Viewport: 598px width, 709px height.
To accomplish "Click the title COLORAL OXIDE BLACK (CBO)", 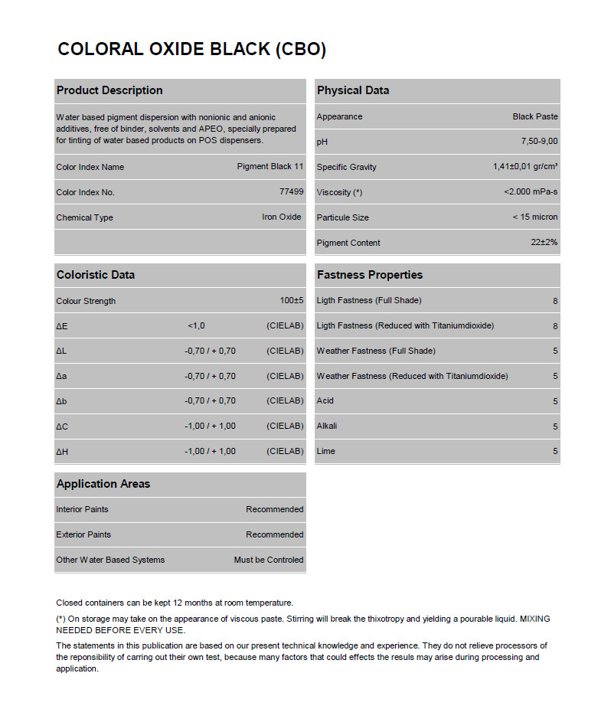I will (x=192, y=50).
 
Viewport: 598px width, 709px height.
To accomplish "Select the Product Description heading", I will (x=109, y=90).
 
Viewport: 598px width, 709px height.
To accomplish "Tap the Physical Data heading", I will (x=353, y=90).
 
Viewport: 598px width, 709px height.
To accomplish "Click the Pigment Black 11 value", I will (x=270, y=167).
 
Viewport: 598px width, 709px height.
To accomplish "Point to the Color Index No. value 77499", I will (x=292, y=192).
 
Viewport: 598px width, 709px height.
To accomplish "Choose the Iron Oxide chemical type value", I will (x=282, y=217).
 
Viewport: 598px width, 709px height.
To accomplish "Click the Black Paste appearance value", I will (x=535, y=116).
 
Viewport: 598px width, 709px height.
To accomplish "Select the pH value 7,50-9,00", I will (x=539, y=142).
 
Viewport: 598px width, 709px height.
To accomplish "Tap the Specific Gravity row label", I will (x=347, y=167).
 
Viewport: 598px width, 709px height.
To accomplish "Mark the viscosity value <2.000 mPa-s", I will (x=531, y=192).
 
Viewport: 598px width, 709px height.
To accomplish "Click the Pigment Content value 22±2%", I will (x=544, y=243).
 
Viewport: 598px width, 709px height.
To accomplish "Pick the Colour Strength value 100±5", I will (x=292, y=301).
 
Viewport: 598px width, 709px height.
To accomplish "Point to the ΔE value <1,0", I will (x=196, y=326).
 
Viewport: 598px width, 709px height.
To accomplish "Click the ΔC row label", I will (x=62, y=426).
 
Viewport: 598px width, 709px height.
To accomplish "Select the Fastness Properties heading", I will (x=370, y=275).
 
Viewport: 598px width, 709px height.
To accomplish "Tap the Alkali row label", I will (x=327, y=426).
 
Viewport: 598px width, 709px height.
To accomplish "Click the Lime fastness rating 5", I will (x=555, y=452).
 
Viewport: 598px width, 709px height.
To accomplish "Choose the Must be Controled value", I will (x=269, y=560).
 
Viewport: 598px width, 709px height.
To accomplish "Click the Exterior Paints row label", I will (x=83, y=534).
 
